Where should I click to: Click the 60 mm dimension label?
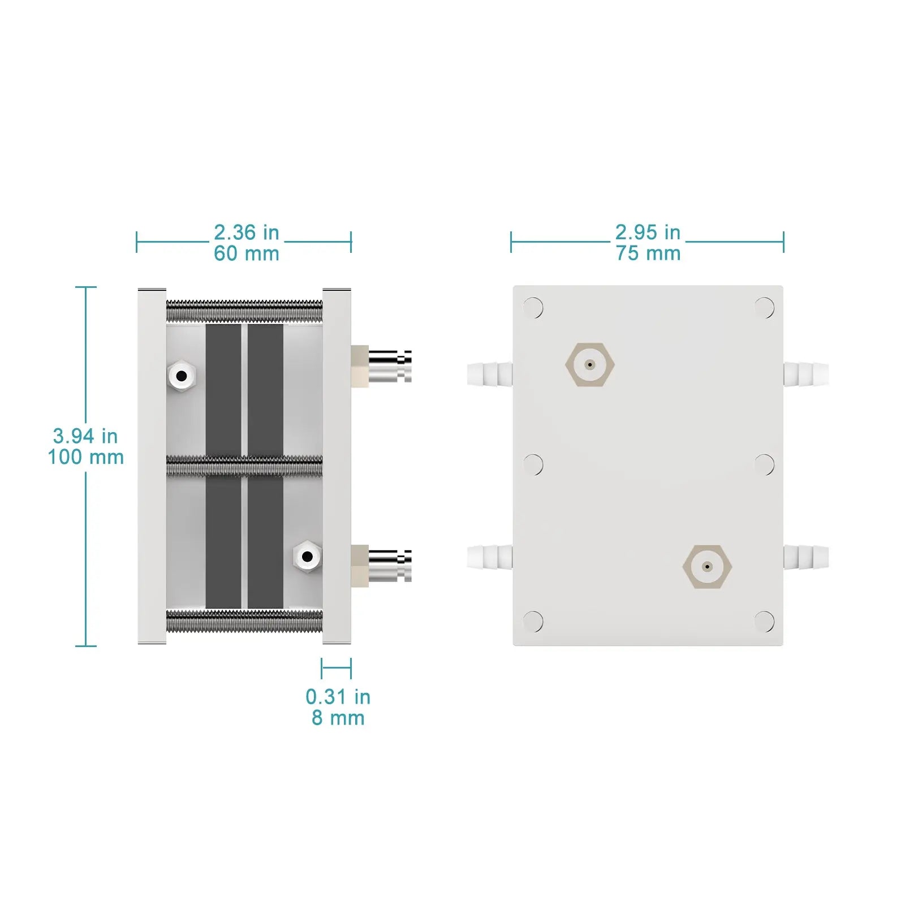pos(247,253)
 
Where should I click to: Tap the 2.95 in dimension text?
pos(648,232)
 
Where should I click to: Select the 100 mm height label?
pos(85,457)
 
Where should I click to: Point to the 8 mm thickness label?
pos(338,718)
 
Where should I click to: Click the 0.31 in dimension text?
pos(338,697)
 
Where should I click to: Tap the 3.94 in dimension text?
pos(85,436)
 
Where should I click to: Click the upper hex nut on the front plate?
pos(590,365)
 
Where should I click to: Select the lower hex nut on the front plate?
pos(707,567)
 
